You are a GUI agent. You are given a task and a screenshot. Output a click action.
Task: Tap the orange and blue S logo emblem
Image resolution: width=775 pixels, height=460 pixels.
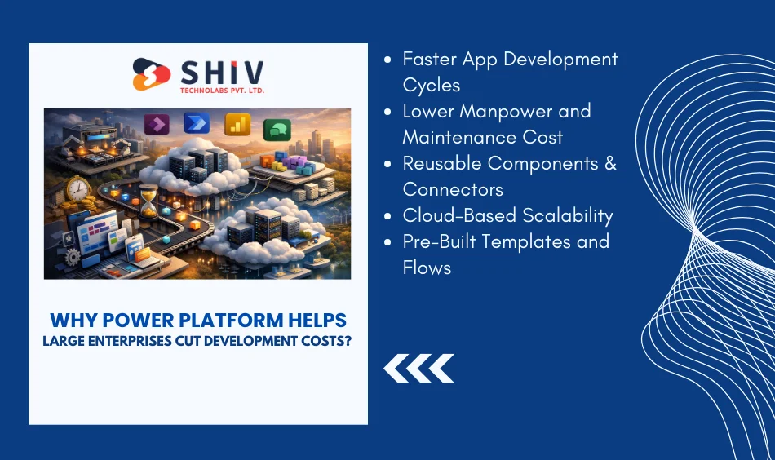click(x=152, y=74)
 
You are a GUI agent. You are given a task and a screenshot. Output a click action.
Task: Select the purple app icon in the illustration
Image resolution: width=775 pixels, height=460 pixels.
click(x=156, y=124)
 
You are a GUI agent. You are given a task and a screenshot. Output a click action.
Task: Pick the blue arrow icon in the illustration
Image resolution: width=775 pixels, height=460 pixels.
click(x=196, y=123)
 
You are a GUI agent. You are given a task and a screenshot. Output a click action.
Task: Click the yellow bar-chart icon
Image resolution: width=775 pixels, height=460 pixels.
click(x=237, y=124)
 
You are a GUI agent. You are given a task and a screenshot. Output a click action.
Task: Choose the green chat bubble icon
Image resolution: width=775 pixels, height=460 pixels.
click(x=277, y=129)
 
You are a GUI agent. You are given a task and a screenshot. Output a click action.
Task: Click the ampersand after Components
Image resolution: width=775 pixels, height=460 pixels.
click(x=609, y=163)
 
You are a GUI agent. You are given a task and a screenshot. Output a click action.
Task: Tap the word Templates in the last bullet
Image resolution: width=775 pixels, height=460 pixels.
click(x=520, y=241)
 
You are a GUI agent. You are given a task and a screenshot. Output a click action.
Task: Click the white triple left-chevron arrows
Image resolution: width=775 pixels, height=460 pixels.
click(x=418, y=368)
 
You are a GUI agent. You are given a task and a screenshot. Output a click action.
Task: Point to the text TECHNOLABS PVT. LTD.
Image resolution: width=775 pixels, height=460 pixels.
click(x=222, y=90)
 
